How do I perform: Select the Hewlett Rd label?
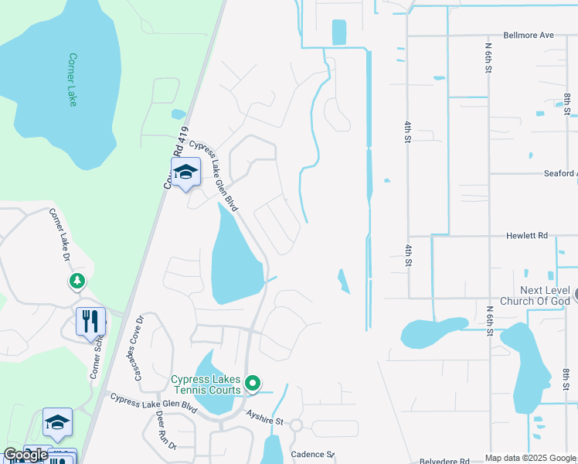click(x=527, y=235)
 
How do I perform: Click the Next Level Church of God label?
click(x=535, y=295)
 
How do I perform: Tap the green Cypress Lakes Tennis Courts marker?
click(x=252, y=383)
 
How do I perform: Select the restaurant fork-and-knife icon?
click(x=90, y=321)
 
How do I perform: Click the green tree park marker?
click(x=76, y=281)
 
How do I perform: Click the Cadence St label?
click(x=311, y=455)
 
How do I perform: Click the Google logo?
click(x=25, y=455)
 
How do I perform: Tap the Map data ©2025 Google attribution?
click(x=529, y=458)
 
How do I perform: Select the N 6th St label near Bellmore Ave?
click(x=488, y=58)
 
